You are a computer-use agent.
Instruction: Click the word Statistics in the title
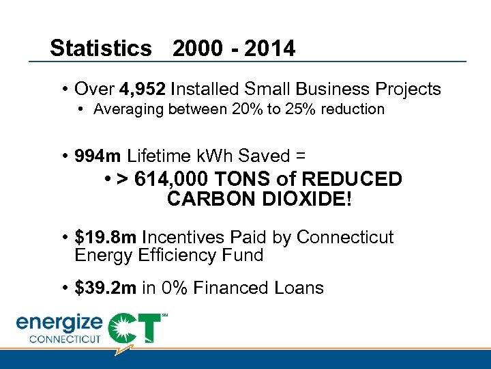pyautogui.click(x=101, y=49)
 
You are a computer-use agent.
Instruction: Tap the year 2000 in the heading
pyautogui.click(x=197, y=49)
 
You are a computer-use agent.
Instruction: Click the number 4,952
pyautogui.click(x=143, y=89)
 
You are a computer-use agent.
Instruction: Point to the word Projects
pyautogui.click(x=407, y=89)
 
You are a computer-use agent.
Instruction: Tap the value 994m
pyautogui.click(x=99, y=156)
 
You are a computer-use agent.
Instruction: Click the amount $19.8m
pyautogui.click(x=106, y=237)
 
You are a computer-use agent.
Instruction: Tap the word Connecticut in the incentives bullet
pyautogui.click(x=345, y=237)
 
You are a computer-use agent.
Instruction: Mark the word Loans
pyautogui.click(x=296, y=288)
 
